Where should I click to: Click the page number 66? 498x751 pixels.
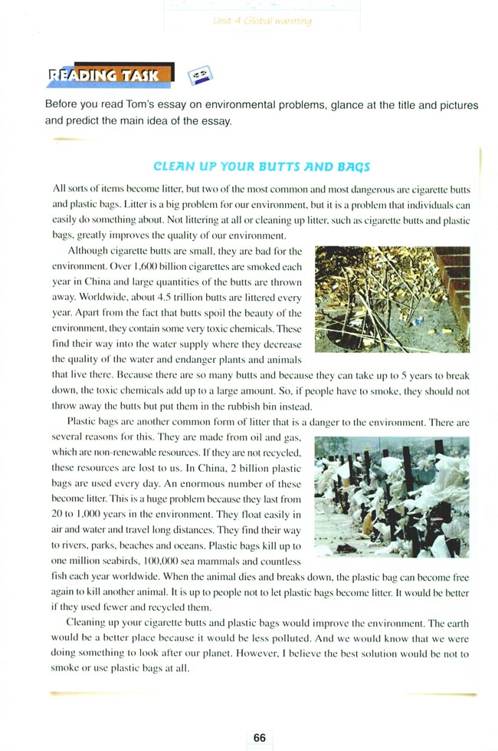click(260, 737)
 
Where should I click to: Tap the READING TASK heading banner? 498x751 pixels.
click(105, 75)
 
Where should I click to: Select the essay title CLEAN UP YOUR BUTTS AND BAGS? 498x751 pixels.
click(261, 166)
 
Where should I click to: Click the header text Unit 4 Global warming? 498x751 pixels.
click(262, 21)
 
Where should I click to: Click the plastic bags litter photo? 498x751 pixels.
click(392, 496)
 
